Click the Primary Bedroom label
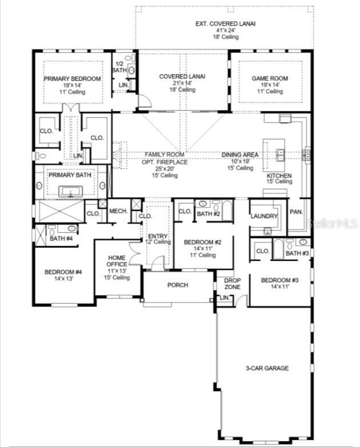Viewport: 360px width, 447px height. point(72,79)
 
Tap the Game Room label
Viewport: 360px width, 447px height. point(270,78)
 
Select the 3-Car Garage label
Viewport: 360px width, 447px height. point(267,368)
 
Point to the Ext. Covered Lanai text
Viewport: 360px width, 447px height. point(225,23)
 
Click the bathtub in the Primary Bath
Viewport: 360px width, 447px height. point(70,191)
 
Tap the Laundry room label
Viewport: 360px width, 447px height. point(264,216)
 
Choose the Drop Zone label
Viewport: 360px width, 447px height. point(232,284)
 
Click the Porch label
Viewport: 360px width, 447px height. point(178,285)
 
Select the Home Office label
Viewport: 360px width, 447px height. point(117,261)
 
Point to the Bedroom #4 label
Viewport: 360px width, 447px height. point(63,272)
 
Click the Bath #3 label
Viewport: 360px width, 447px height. point(297,253)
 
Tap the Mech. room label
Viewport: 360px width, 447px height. point(119,211)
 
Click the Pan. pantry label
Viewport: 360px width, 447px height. point(296,212)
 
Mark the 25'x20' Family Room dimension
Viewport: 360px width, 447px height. point(165,168)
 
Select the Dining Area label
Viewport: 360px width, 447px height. point(240,155)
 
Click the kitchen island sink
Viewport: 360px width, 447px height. point(281,155)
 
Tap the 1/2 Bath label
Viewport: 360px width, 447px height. point(119,67)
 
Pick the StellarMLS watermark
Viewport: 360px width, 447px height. point(333,223)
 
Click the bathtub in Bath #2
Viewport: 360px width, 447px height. point(227,211)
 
